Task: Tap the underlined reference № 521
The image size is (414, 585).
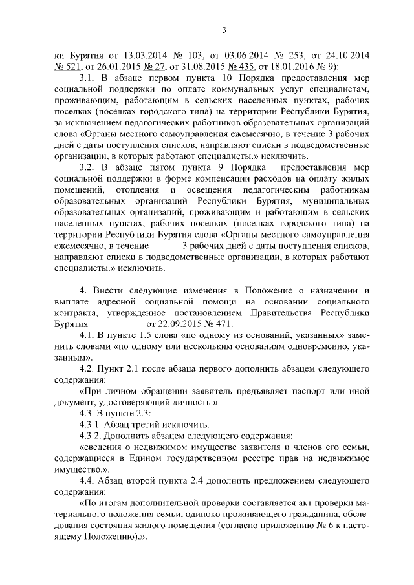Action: pyautogui.click(x=67, y=67)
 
